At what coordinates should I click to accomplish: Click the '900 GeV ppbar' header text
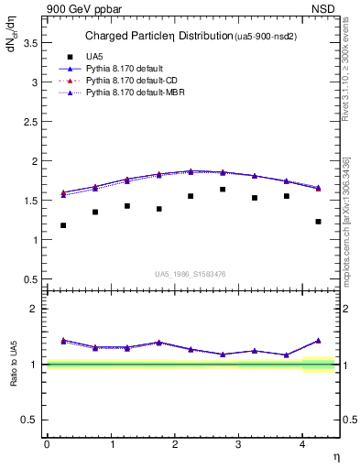pos(80,8)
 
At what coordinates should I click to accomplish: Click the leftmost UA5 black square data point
pos(63,225)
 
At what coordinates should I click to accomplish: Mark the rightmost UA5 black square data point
pos(318,222)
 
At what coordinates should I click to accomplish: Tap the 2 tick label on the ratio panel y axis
pos(34,309)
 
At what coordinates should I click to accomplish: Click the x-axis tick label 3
pos(238,443)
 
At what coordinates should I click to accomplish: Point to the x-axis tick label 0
pos(47,443)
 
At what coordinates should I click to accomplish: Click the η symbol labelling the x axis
pos(335,456)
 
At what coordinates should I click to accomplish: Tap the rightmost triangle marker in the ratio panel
pos(318,340)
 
